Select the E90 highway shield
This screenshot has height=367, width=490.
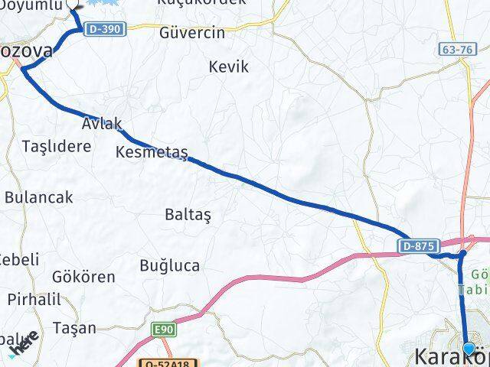coord(163,328)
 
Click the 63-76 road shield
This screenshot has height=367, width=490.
coord(456,49)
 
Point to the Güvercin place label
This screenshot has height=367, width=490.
coord(191,33)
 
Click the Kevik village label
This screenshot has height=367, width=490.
coord(229,67)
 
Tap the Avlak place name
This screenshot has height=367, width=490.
coord(102,122)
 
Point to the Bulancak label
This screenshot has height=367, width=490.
coord(38,196)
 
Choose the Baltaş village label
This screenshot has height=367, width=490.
coord(187,214)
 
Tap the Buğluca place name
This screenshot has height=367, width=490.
coord(169,265)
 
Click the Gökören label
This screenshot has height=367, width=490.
coord(83,277)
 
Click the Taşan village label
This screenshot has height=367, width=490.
coord(75,328)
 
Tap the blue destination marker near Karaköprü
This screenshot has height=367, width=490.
coord(469,349)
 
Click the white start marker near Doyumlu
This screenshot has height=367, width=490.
coord(73,4)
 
